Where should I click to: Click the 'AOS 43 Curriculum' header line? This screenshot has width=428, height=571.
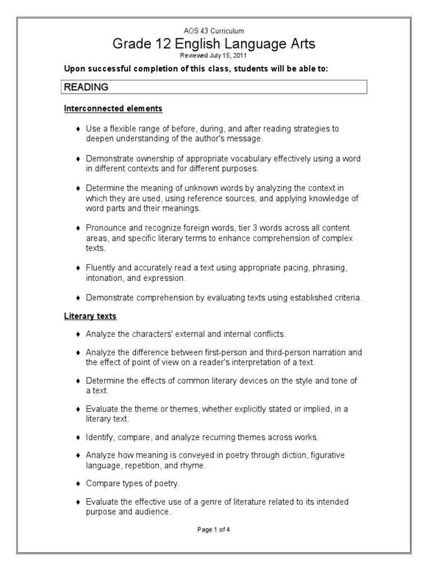[213, 32]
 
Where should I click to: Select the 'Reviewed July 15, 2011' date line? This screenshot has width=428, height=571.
[213, 56]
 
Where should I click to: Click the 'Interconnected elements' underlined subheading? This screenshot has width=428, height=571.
[113, 108]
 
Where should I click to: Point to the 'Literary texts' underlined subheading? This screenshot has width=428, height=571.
[90, 316]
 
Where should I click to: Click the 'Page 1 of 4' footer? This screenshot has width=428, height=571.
[213, 530]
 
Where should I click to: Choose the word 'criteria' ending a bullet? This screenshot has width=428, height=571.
[348, 298]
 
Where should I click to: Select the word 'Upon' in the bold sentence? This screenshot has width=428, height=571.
[74, 69]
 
